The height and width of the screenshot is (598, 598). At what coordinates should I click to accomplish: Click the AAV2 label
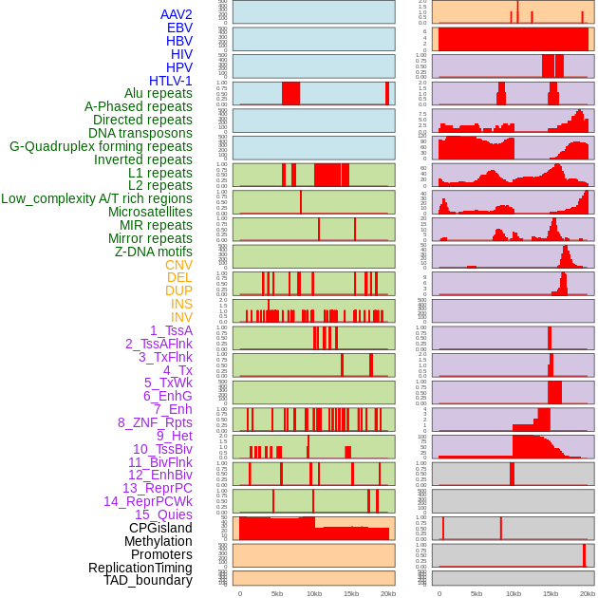point(177,14)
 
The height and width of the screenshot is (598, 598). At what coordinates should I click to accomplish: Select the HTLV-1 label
point(171,81)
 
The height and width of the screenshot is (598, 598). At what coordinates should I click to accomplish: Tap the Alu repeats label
point(159,93)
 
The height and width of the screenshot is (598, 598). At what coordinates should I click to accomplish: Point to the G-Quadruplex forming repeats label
point(101,146)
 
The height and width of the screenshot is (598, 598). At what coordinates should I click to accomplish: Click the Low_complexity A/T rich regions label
point(97,198)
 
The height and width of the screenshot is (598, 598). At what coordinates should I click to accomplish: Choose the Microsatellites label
point(150,212)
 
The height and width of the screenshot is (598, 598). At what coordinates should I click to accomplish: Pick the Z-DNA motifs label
point(154,252)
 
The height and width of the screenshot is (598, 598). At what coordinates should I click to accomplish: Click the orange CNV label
point(178,265)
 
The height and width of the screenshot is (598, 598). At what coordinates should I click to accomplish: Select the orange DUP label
point(178,290)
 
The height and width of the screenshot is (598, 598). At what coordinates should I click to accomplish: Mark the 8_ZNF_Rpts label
point(155,422)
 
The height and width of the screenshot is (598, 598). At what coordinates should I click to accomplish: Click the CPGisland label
point(160,528)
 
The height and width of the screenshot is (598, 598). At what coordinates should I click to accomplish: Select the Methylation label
point(159,541)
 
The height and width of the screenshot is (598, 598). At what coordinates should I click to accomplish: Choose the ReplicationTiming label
point(140,568)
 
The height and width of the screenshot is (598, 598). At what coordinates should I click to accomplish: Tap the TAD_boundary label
point(148,580)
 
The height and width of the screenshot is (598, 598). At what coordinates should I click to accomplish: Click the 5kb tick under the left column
point(277,593)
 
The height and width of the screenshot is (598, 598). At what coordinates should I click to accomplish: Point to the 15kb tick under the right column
point(551,593)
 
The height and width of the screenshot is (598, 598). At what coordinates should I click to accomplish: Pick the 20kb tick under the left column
point(388,593)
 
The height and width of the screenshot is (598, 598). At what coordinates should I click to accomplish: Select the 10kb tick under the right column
point(514,593)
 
